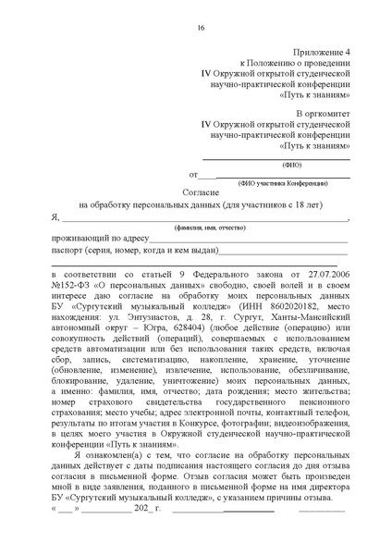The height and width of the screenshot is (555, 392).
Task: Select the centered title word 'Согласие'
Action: click(201, 191)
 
